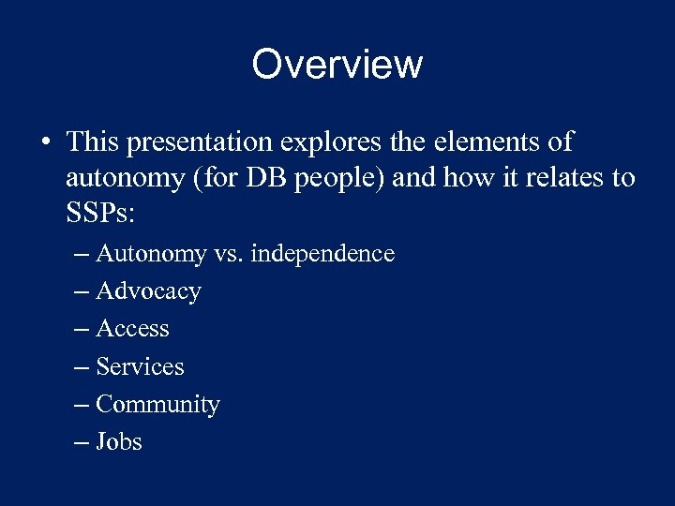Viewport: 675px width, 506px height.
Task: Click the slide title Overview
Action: (337, 65)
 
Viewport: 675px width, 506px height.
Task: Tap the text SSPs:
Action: (101, 213)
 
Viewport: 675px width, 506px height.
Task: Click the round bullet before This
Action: (45, 143)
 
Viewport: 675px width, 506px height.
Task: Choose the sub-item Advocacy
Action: (148, 291)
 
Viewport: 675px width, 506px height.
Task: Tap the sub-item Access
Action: (132, 329)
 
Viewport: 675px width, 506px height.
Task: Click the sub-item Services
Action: (140, 366)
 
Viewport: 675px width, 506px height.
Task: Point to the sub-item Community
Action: (157, 404)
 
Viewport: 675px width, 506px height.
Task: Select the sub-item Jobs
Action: (119, 441)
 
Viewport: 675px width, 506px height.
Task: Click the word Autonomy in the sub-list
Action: (151, 254)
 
